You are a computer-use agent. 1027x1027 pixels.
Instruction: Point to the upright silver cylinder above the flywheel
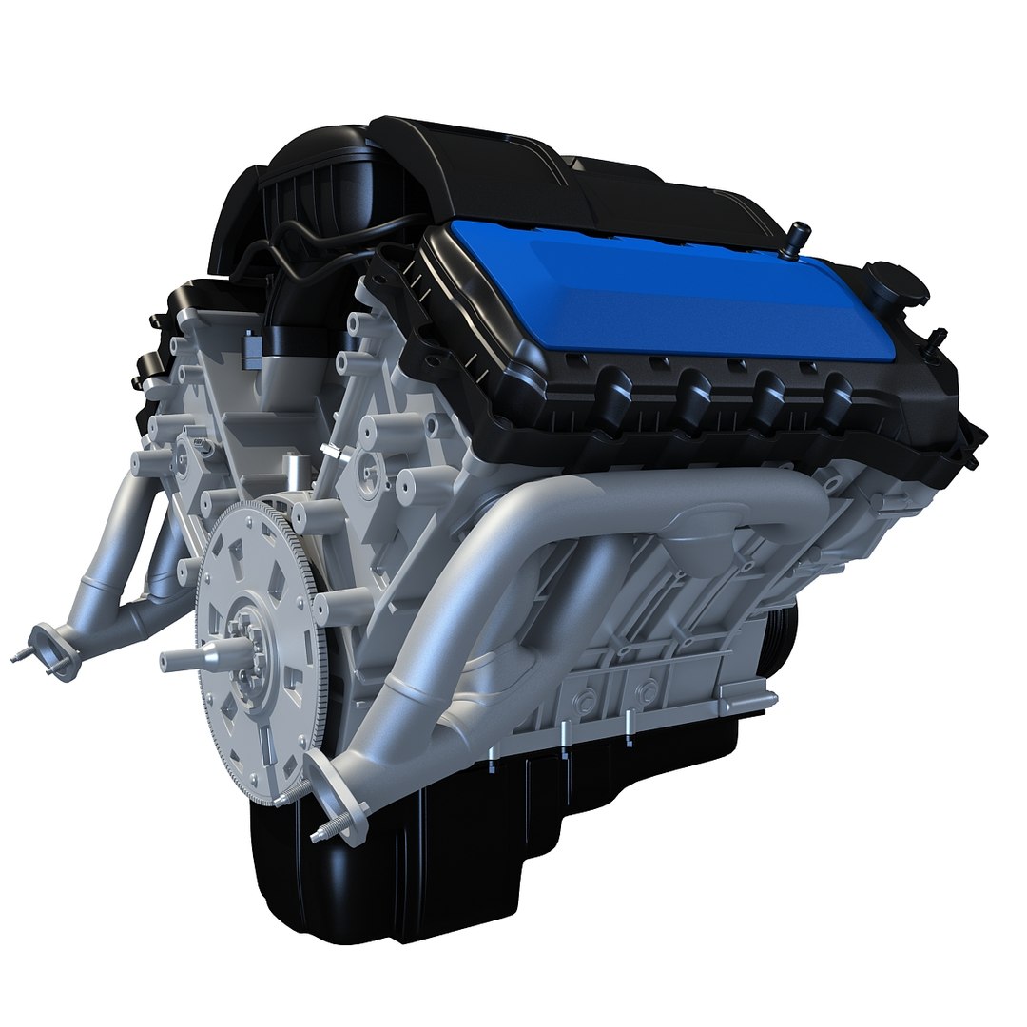pos(294,475)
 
